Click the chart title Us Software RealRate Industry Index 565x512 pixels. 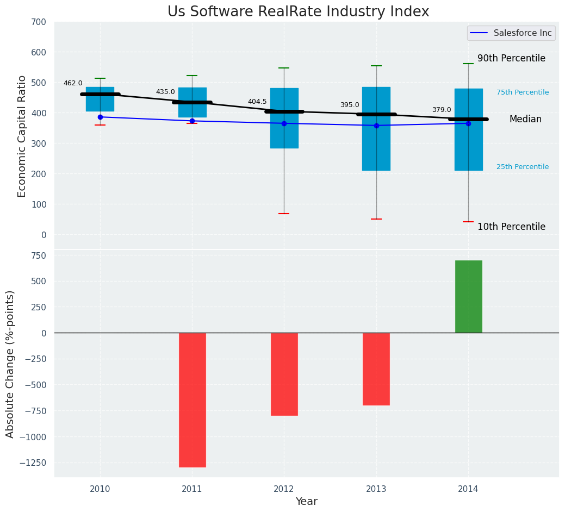298,12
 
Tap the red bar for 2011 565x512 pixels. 193,399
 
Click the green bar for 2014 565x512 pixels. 468,297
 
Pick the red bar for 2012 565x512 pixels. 284,374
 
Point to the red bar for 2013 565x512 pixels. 376,369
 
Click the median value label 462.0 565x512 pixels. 73,84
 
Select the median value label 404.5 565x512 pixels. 257,102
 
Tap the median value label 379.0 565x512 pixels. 442,110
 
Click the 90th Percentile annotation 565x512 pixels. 511,59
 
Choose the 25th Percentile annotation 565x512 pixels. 523,167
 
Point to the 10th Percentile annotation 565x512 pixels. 511,227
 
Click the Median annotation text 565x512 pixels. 525,120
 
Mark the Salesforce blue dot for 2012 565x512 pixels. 284,123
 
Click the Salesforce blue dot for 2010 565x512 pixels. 100,117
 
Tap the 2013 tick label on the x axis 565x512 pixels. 376,489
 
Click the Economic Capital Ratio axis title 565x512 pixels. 22,136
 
